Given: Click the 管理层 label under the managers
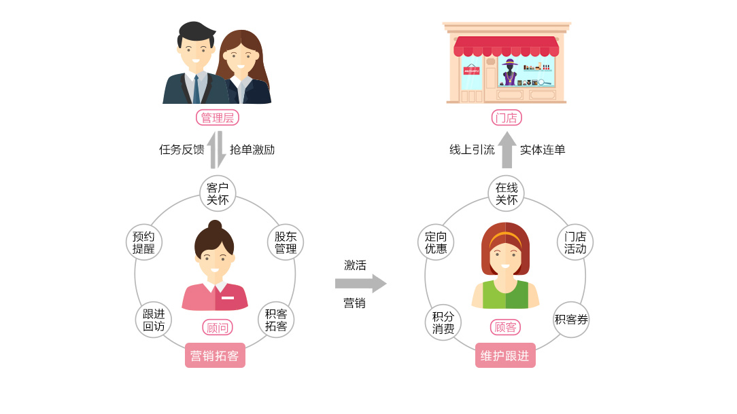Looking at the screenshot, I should (x=218, y=117).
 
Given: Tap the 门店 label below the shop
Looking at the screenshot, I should (x=506, y=118).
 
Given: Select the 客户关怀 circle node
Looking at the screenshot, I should (x=218, y=193).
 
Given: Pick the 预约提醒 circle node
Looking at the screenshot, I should (x=143, y=242).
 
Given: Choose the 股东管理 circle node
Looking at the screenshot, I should (x=286, y=242).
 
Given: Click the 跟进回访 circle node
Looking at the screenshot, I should (x=154, y=320).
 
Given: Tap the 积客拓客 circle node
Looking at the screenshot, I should (x=276, y=320).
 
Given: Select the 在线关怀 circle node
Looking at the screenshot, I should (x=507, y=193).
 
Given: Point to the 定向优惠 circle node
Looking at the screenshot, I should (x=436, y=242).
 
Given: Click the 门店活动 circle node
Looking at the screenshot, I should (x=575, y=242).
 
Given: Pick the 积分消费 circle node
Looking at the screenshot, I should (x=443, y=322).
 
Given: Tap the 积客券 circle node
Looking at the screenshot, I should (x=571, y=320).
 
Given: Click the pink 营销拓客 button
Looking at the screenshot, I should (x=215, y=356).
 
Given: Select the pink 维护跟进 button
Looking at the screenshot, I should (x=505, y=356).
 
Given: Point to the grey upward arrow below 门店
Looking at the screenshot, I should (x=507, y=150).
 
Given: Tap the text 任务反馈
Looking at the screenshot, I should (x=182, y=150).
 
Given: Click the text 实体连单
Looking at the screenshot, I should (x=543, y=150).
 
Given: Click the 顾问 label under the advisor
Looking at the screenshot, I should (x=217, y=327).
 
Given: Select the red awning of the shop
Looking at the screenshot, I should (x=507, y=46).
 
